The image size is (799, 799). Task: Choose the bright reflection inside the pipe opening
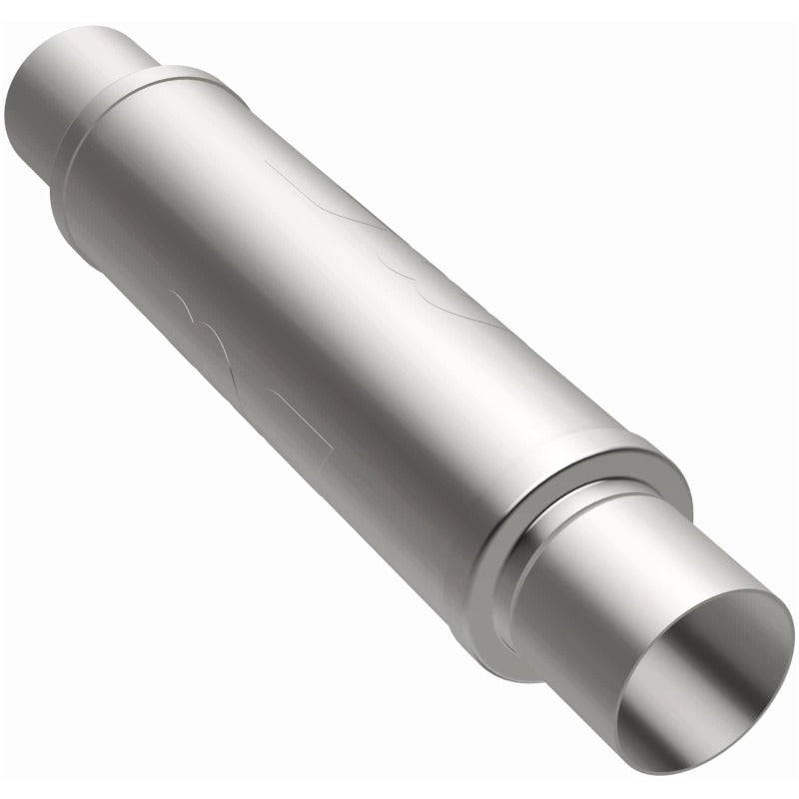739,649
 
